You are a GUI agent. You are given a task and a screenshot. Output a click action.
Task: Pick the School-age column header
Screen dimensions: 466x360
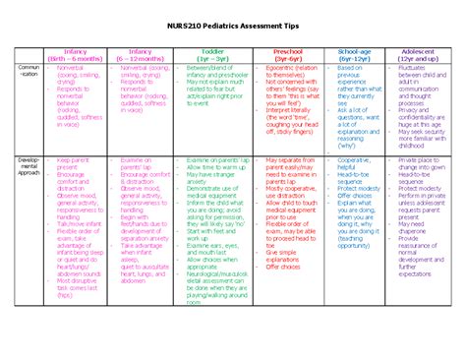tap(352, 53)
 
